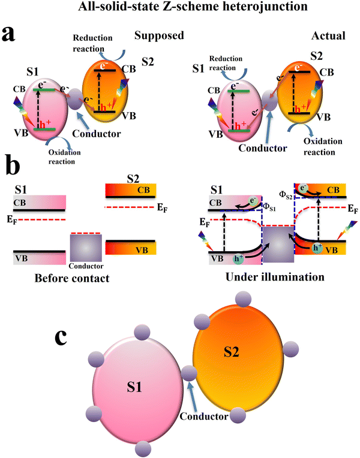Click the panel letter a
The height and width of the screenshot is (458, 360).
point(13,34)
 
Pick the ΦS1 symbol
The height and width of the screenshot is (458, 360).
point(270,209)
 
